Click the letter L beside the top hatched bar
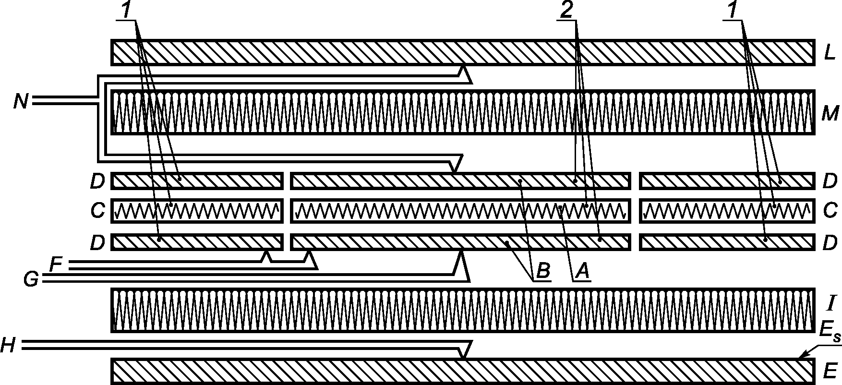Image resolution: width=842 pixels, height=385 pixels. pos(829,53)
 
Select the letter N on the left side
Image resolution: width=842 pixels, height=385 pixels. pos(21,102)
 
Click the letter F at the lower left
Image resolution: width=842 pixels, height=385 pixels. pos(56,264)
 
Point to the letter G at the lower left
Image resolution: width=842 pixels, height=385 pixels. pos(31,279)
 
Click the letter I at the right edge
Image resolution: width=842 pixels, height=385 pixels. pos(832,303)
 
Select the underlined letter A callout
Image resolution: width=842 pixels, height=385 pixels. pos(581,272)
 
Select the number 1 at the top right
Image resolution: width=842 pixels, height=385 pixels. pos(732,12)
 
